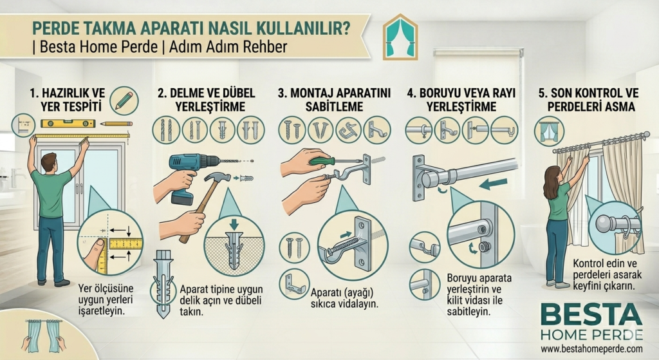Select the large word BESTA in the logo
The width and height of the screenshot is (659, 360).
coord(591,316)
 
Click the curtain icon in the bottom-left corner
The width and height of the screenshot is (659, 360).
coord(42,335)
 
